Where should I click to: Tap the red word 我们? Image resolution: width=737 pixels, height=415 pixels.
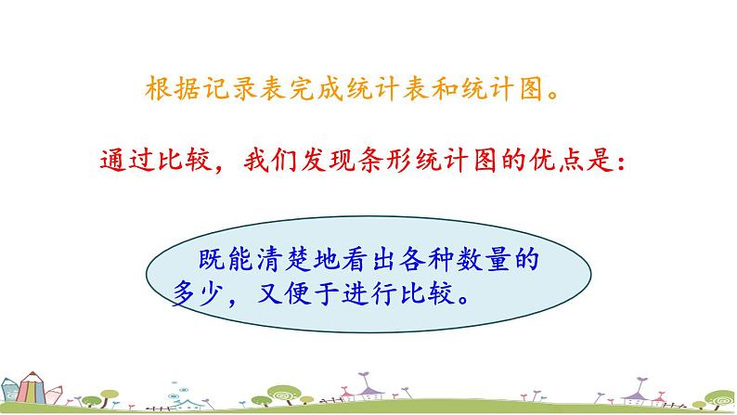point(269,162)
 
